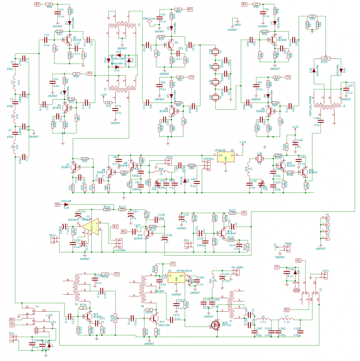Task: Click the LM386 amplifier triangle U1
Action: coord(91,226)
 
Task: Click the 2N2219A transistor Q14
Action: coord(154,318)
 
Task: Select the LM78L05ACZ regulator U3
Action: coord(177,278)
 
